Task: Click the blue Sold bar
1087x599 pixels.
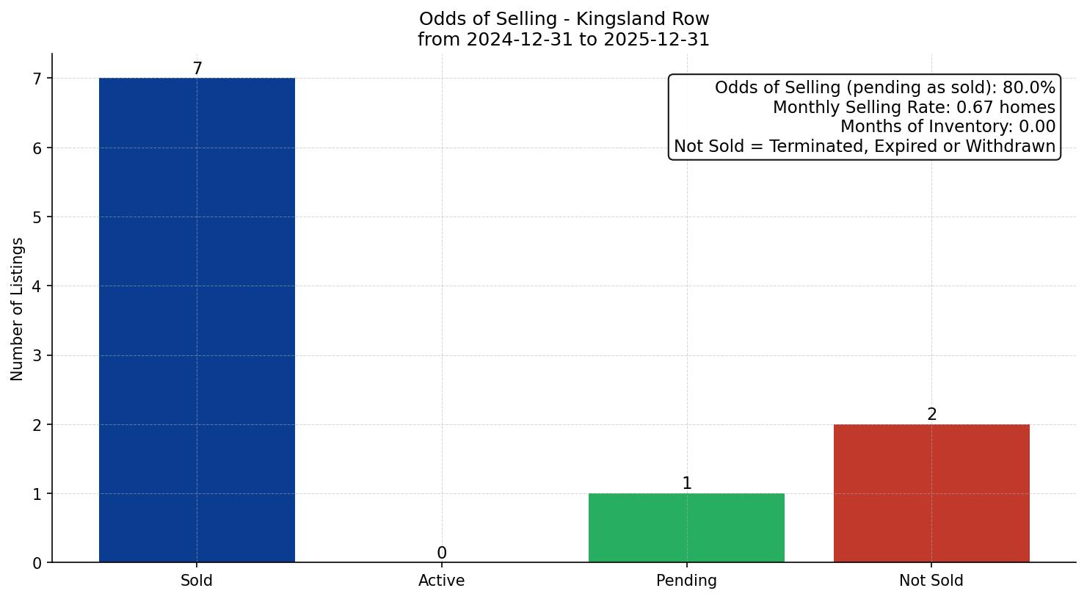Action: point(197,320)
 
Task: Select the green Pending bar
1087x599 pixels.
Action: point(686,528)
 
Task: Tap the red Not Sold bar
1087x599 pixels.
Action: point(931,493)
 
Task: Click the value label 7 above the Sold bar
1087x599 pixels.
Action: point(197,68)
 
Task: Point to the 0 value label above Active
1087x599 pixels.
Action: point(441,553)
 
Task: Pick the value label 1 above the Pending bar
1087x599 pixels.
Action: point(686,484)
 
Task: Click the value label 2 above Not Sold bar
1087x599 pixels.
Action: point(931,415)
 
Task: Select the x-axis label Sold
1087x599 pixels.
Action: point(197,581)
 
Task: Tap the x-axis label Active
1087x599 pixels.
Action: point(441,581)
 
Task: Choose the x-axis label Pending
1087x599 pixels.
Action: point(686,581)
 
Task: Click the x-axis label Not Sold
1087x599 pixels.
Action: point(931,581)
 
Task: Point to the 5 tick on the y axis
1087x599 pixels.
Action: point(37,217)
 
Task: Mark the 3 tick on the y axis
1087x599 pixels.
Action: point(37,356)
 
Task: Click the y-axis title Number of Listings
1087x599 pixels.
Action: point(18,308)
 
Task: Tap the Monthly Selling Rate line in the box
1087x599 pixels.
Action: point(914,108)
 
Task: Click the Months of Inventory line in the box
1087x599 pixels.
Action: point(948,127)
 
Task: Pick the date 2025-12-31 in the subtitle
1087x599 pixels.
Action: point(655,40)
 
